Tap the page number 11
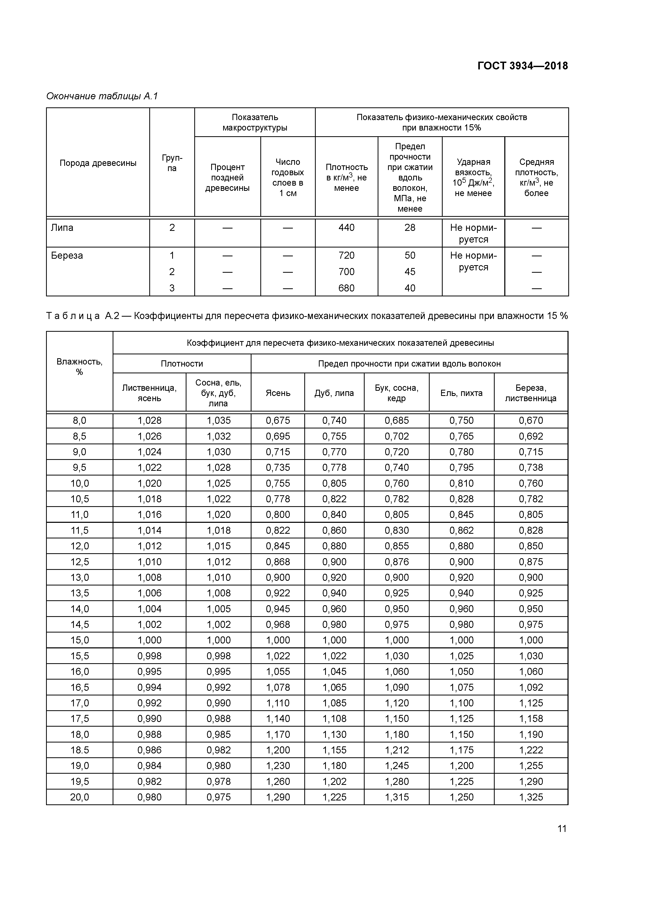562,829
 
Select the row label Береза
67,255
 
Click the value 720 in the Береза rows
346,255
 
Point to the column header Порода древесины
98,163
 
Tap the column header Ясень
278,393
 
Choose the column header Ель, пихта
461,393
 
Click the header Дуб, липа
334,393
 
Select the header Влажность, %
80,367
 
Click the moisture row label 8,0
80,420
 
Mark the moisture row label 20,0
80,797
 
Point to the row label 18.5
80,750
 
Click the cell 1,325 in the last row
531,797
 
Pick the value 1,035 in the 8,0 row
218,420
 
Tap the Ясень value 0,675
278,420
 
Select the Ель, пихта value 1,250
461,797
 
